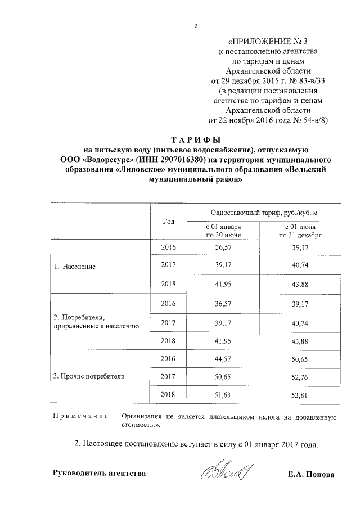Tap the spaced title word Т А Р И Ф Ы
click(196, 139)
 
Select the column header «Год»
click(169, 222)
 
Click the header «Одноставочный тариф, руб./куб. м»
click(263, 213)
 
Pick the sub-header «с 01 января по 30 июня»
click(223, 231)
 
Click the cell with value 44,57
click(223, 358)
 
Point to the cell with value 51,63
click(223, 395)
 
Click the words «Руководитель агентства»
click(99, 473)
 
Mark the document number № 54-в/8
click(308, 120)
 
